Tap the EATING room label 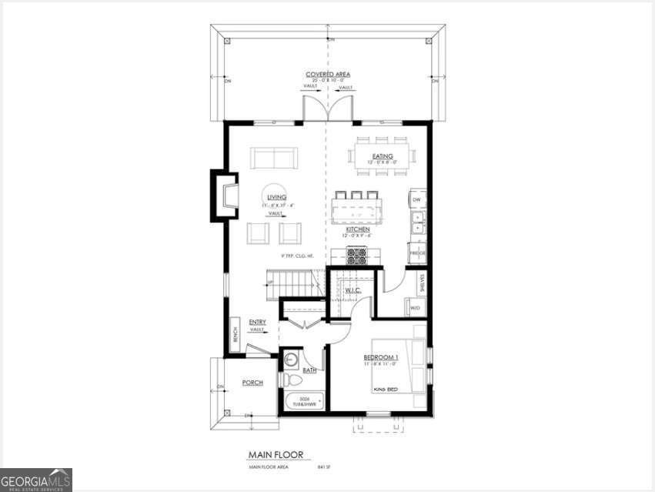[x=383, y=156]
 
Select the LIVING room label [x=276, y=198]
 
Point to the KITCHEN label [x=357, y=229]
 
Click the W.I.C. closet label [x=353, y=290]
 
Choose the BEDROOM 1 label [x=381, y=358]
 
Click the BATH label [x=309, y=370]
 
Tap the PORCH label [x=252, y=383]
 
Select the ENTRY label [x=257, y=322]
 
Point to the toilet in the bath [x=292, y=379]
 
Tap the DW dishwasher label [x=416, y=199]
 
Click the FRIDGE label [x=417, y=253]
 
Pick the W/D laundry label [x=415, y=309]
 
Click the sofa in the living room [x=273, y=158]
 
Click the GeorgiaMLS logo [x=36, y=479]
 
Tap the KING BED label [x=385, y=388]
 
